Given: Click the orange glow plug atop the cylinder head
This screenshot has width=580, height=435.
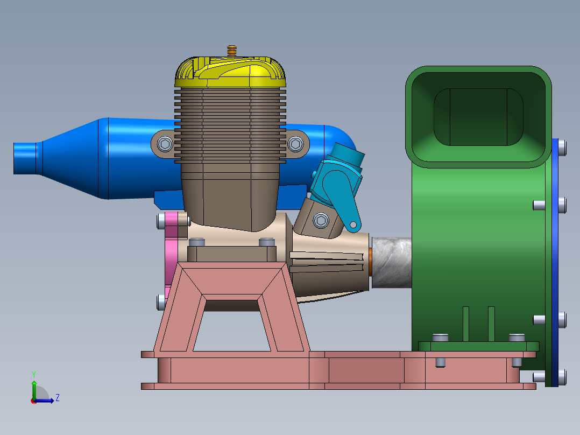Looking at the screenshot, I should [232, 51].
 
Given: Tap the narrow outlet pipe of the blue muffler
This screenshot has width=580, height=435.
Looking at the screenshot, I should [25, 158].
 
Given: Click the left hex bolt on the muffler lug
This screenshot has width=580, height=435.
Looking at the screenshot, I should [165, 144].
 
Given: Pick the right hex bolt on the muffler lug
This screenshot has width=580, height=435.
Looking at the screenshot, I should [294, 144].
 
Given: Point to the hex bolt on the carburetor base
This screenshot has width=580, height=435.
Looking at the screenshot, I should [321, 220].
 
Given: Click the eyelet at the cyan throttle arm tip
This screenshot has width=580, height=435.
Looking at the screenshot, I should [353, 224].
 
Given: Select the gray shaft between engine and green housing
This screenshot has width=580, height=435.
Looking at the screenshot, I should [391, 262].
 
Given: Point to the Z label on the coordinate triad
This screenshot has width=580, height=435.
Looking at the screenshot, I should [57, 398].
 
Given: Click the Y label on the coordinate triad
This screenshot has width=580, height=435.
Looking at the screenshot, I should [33, 374].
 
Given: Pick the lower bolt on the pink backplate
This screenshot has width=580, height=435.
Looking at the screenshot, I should [161, 301].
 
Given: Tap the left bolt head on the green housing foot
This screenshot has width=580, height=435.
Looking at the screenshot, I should [440, 338].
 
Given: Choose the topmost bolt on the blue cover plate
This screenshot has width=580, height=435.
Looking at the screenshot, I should [562, 147].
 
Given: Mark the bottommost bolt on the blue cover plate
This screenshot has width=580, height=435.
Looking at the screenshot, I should [562, 377].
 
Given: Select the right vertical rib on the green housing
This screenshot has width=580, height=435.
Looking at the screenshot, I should [491, 324].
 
